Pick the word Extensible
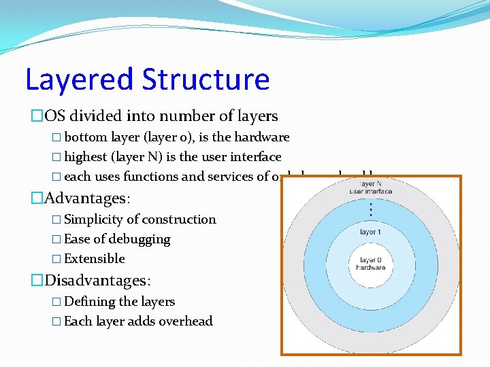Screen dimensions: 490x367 pos(95,259)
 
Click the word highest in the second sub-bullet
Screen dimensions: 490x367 pos(86,157)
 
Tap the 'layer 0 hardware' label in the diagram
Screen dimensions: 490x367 pos(370,264)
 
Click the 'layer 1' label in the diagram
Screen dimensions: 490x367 pos(370,232)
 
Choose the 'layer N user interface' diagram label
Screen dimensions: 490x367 pos(370,188)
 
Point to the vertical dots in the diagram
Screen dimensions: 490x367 pos(370,209)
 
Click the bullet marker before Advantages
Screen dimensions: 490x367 pos(37,198)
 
